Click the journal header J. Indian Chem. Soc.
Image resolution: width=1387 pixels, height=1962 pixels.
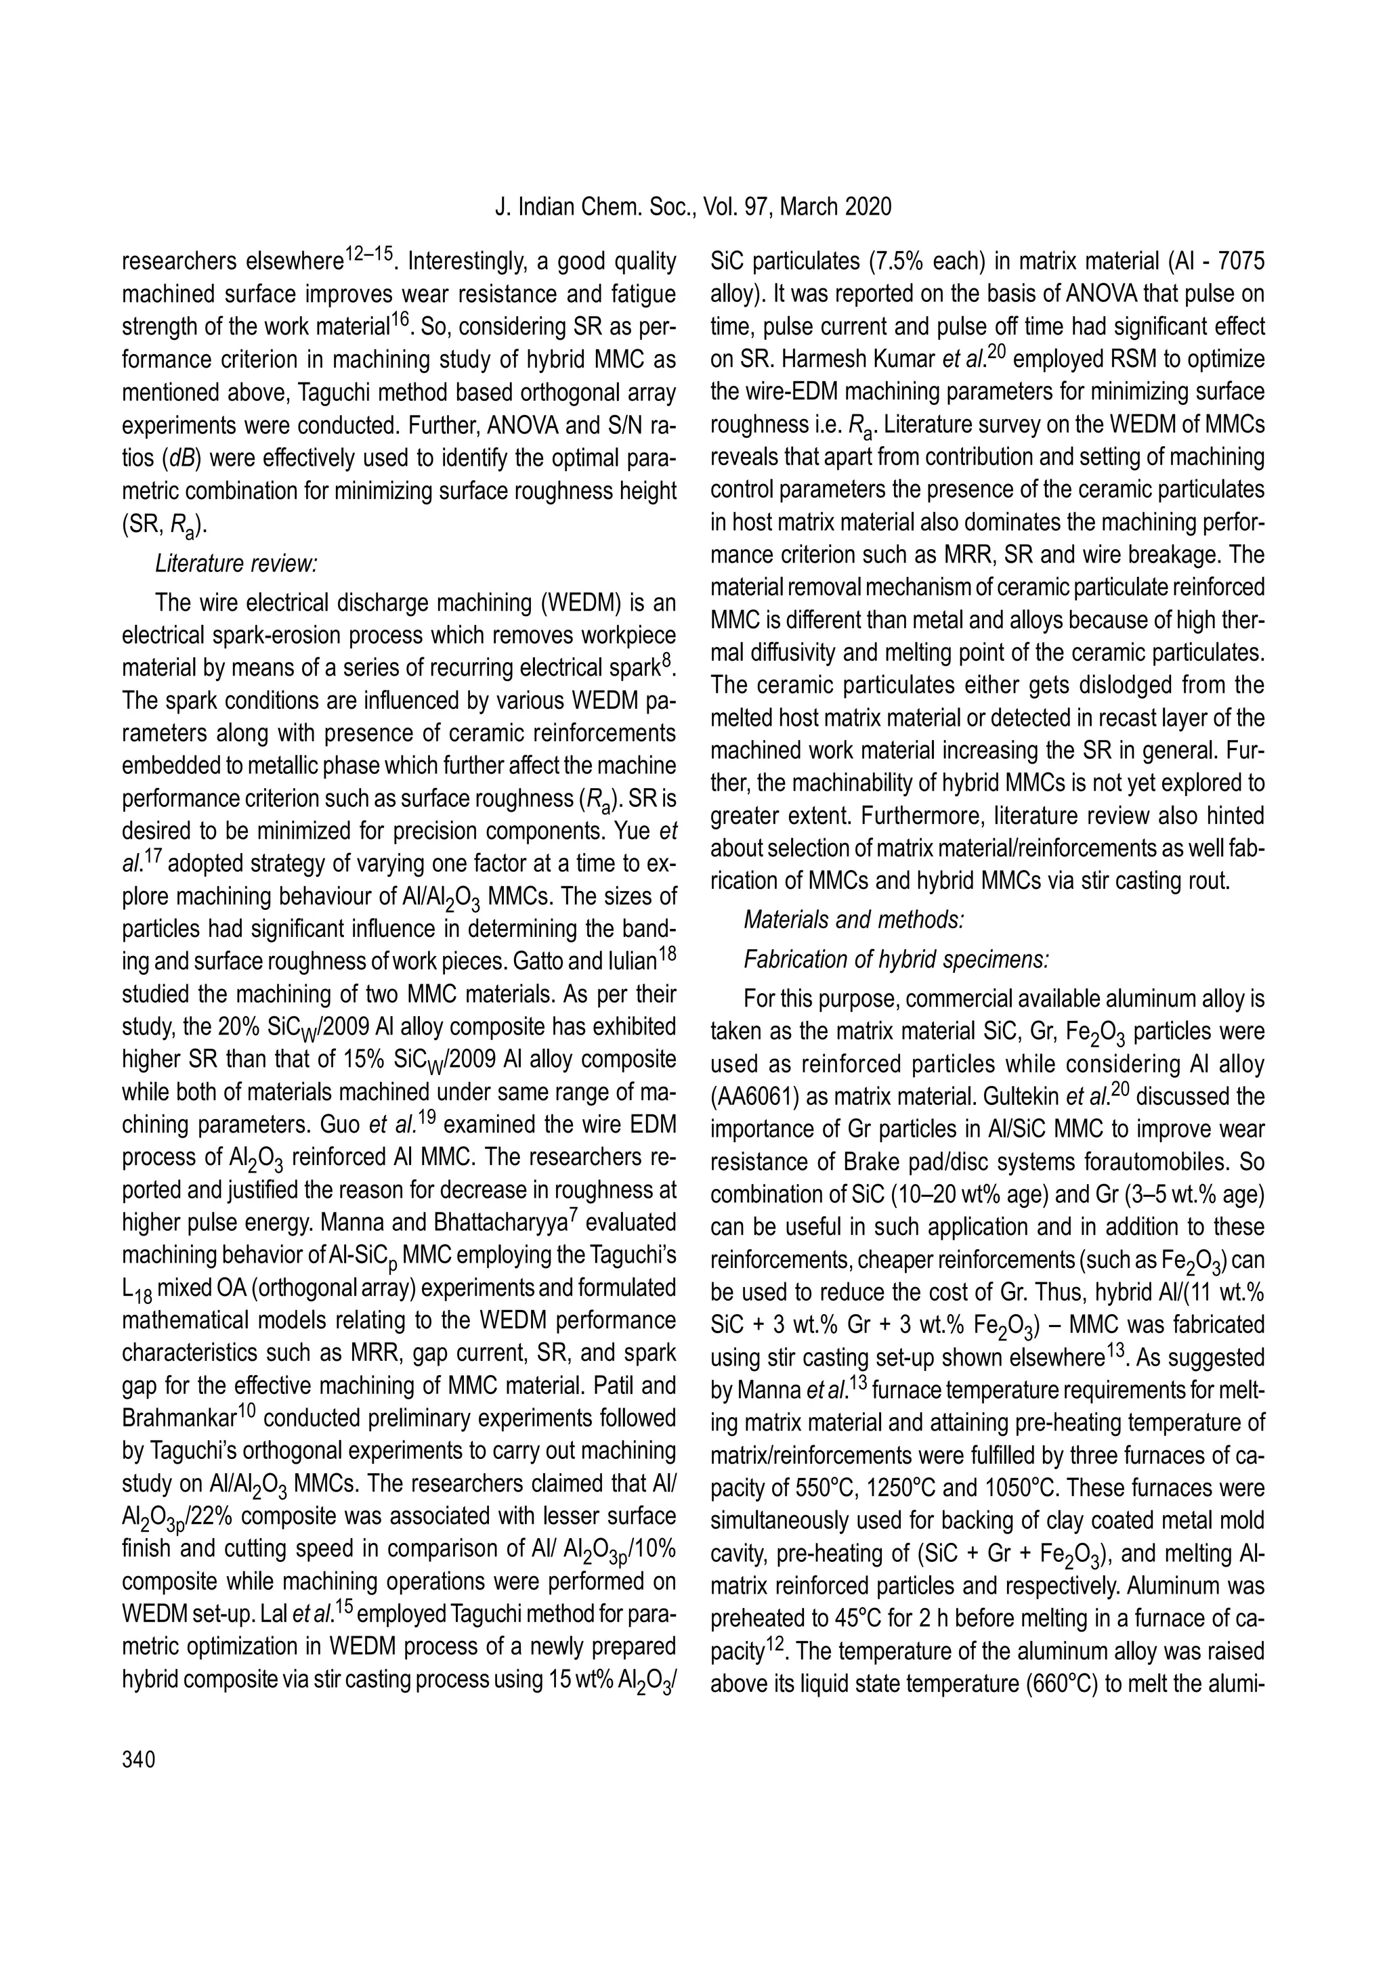pyautogui.click(x=595, y=206)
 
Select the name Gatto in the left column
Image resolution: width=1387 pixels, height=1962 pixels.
pyautogui.click(x=538, y=961)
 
